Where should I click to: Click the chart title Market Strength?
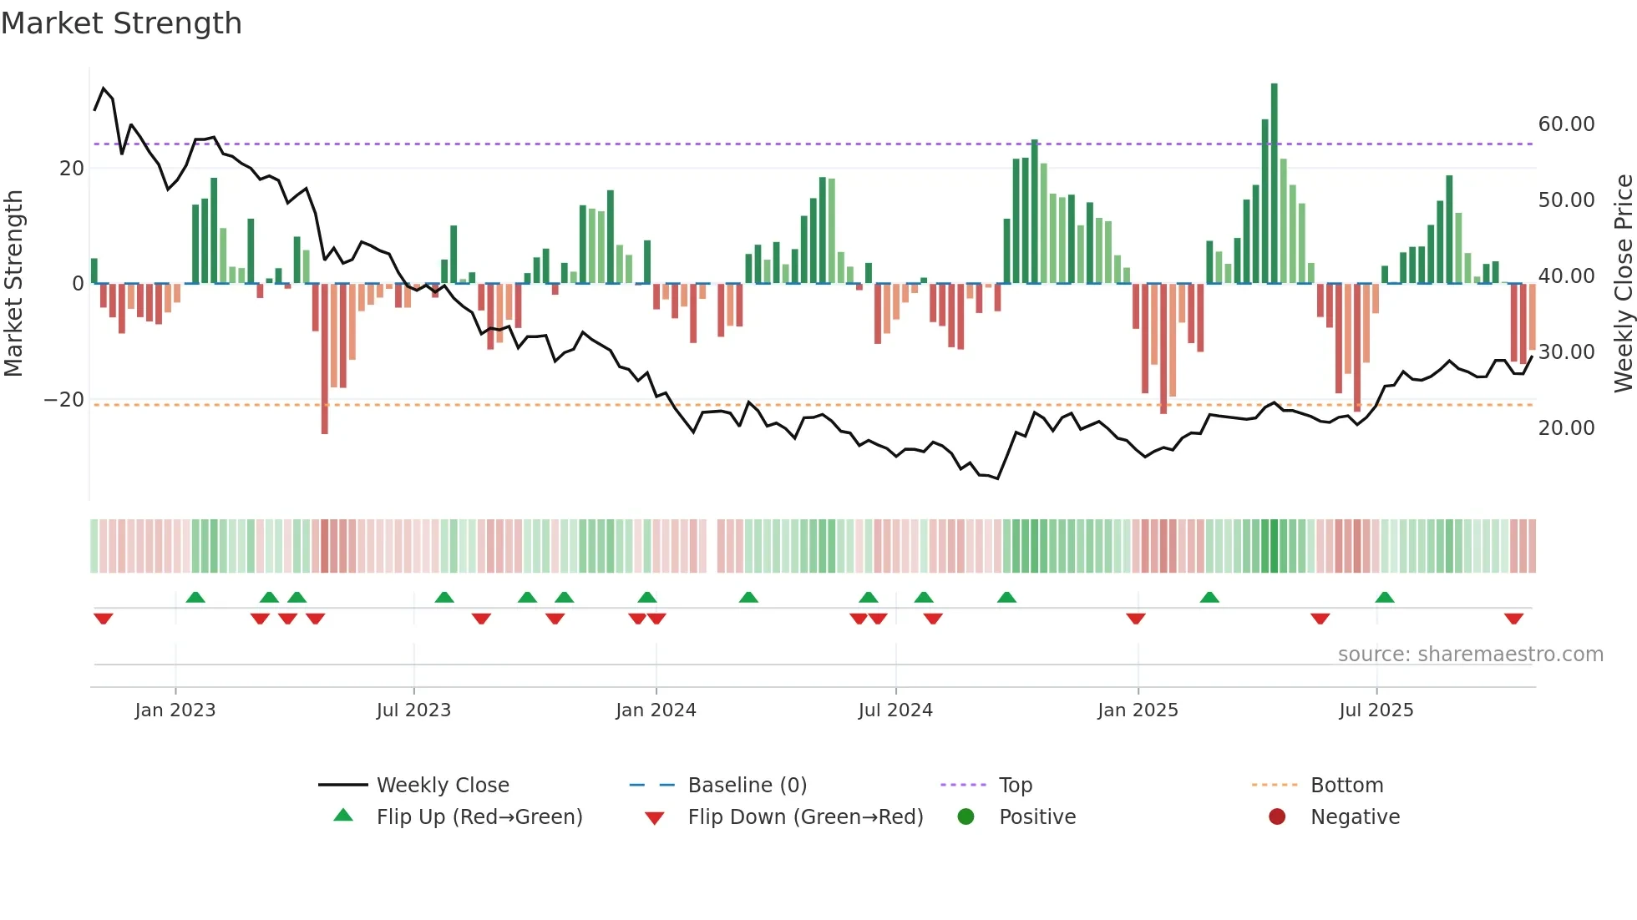(x=121, y=23)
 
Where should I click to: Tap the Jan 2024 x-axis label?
(x=656, y=710)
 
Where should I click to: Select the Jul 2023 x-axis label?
(x=413, y=710)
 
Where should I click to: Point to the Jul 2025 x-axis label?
(x=1376, y=710)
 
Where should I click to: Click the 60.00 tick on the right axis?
(x=1566, y=124)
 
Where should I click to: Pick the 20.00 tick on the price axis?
(x=1566, y=428)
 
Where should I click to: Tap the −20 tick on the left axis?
(x=64, y=400)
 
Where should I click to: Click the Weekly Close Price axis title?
(x=1623, y=284)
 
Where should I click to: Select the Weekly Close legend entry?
(x=442, y=786)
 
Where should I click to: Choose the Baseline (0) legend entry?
(x=747, y=786)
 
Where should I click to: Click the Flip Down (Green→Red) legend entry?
(x=804, y=817)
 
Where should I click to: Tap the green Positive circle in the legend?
(x=966, y=817)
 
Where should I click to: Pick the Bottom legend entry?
(x=1346, y=786)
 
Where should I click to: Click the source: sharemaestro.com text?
(x=1470, y=655)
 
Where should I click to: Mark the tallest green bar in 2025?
(x=1275, y=184)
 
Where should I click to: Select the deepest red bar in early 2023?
(x=325, y=359)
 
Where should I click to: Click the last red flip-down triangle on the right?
(x=1513, y=619)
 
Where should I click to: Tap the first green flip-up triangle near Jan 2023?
(x=195, y=597)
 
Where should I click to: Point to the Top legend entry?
(x=1015, y=786)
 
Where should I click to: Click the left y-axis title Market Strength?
(x=13, y=284)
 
